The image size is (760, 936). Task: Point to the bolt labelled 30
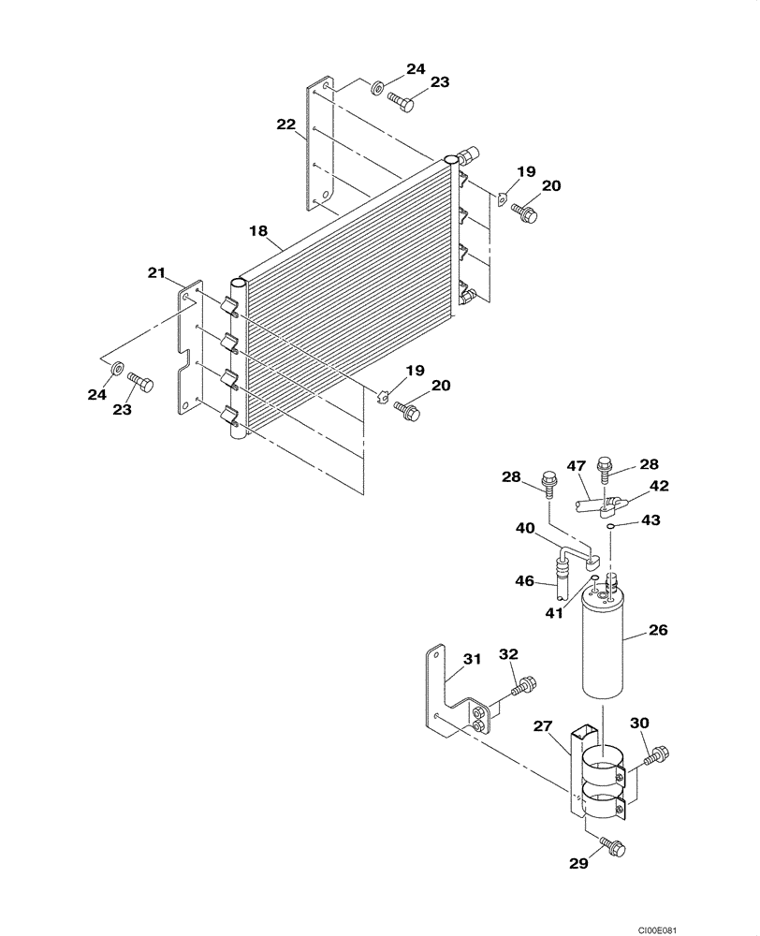tap(659, 752)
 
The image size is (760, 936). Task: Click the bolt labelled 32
tap(523, 687)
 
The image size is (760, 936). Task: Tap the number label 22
tap(285, 124)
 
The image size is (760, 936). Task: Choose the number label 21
tap(157, 272)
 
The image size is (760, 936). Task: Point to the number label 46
tap(524, 581)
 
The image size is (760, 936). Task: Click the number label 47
tap(577, 465)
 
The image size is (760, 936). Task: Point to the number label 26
tap(658, 632)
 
